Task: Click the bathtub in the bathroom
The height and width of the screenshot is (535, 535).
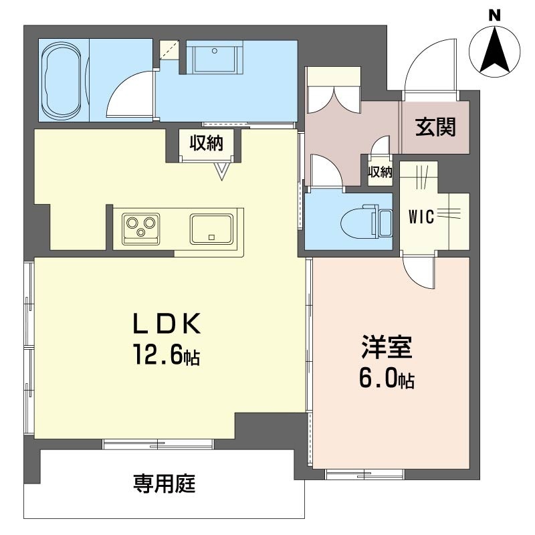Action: point(64,80)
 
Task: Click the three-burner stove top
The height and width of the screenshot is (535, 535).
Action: point(141,226)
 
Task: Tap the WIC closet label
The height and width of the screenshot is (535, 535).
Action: point(422,217)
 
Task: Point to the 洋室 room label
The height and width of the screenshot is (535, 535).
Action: point(387,348)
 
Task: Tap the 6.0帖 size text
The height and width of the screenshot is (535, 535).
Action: point(386,381)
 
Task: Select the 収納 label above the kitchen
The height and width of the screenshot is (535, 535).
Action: point(205,143)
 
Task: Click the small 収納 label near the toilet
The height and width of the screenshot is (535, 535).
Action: point(380,173)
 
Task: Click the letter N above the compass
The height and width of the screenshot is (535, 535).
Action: point(494,15)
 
